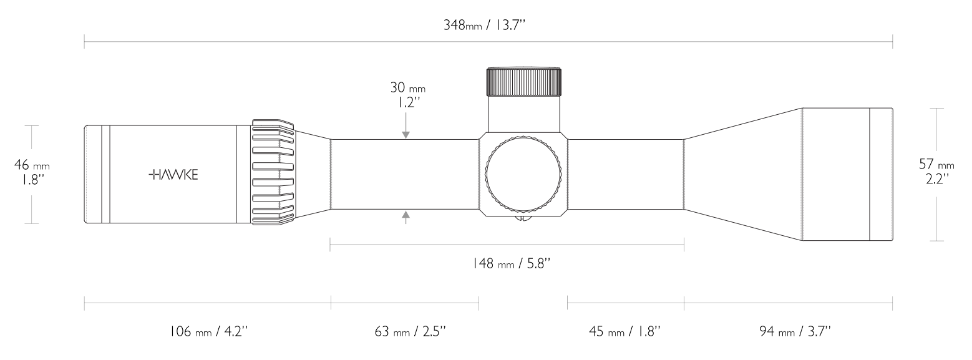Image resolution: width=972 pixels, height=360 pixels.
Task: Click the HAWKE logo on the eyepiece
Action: coord(173,175)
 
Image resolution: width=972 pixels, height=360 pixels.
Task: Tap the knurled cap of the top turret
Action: coord(523,80)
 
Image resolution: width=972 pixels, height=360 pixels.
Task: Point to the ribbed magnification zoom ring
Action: coord(273,173)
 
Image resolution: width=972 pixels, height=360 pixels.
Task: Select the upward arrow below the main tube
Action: coord(406,217)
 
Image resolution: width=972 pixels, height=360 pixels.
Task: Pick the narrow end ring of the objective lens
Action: coord(881,174)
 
